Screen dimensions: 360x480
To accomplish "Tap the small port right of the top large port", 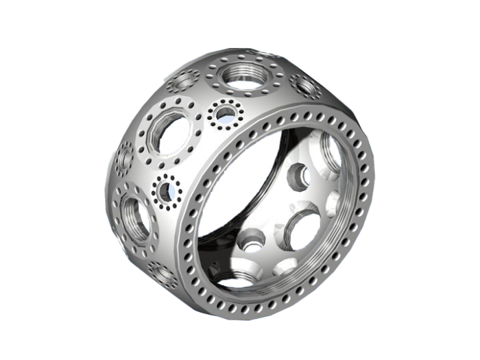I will coord(302,86).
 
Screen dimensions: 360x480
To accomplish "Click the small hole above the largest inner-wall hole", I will coord(298,176).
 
